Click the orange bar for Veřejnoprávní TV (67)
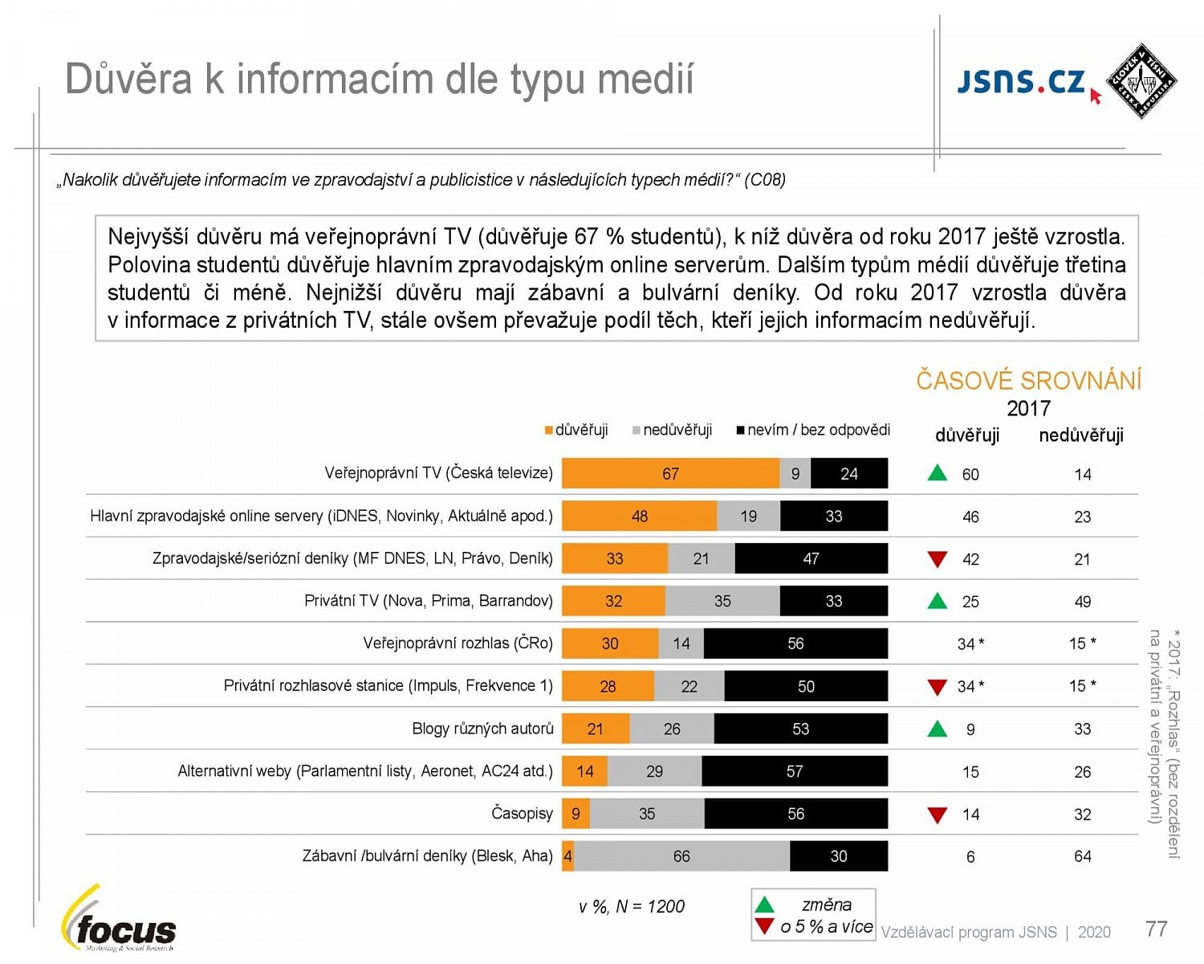click(x=670, y=473)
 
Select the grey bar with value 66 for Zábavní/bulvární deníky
click(x=681, y=856)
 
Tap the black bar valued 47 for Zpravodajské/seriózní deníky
click(x=811, y=558)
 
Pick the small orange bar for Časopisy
click(x=576, y=814)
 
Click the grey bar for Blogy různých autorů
click(x=672, y=729)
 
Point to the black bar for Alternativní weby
click(x=795, y=771)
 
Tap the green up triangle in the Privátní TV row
click(x=937, y=600)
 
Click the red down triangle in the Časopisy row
click(x=937, y=815)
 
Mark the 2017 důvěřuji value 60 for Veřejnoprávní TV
click(x=970, y=474)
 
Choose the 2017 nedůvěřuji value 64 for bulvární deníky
click(x=1082, y=856)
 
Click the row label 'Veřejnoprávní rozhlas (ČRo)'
click(x=458, y=643)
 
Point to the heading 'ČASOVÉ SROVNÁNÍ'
click(x=1028, y=380)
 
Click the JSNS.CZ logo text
click(x=1021, y=81)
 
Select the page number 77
click(x=1156, y=929)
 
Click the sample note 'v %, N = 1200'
click(x=631, y=907)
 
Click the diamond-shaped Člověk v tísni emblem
click(x=1141, y=80)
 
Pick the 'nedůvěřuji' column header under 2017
click(x=1080, y=435)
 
